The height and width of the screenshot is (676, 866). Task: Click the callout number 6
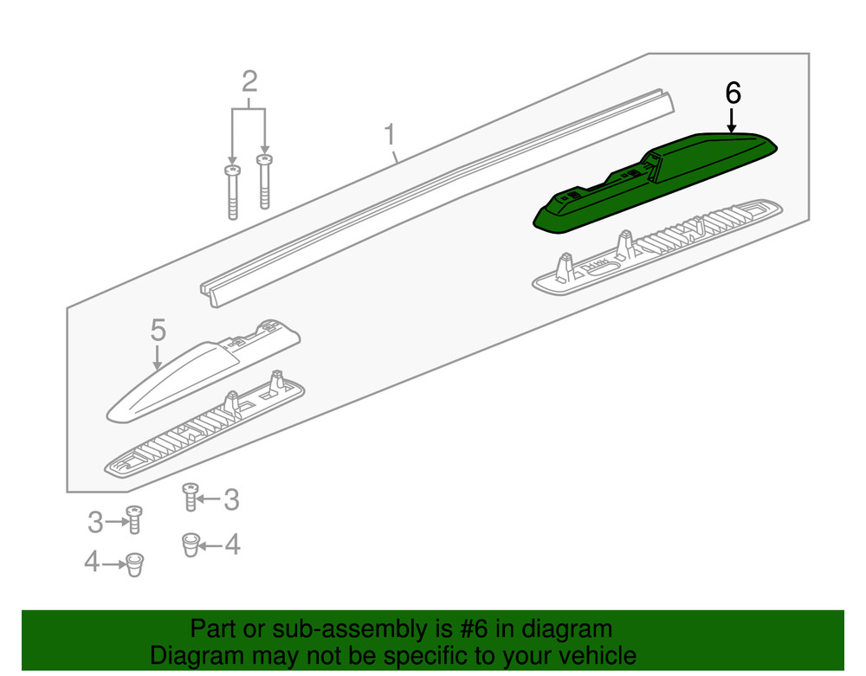[733, 93]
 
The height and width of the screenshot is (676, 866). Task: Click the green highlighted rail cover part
[656, 182]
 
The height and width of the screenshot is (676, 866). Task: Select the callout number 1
[390, 135]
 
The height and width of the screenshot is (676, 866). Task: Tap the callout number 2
[249, 81]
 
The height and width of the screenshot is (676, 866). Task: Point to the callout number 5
[158, 330]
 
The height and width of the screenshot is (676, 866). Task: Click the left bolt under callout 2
[232, 192]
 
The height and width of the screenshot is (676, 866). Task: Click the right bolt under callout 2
[264, 182]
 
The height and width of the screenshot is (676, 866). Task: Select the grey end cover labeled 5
[204, 370]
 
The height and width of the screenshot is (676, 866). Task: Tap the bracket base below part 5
[204, 424]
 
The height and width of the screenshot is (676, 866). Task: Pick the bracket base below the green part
[657, 248]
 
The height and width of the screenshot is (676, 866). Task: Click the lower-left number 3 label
[95, 521]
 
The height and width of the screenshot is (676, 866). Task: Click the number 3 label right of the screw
[231, 499]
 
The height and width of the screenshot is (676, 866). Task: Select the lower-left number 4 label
[92, 562]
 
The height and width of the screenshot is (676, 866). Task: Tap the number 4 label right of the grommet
[232, 544]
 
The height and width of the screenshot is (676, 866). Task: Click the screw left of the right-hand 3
[191, 497]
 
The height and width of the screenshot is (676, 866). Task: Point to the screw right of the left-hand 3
[134, 519]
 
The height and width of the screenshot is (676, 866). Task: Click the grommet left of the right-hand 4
[191, 544]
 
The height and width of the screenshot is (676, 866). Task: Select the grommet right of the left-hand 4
[135, 564]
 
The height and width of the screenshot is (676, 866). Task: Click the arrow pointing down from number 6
[732, 120]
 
